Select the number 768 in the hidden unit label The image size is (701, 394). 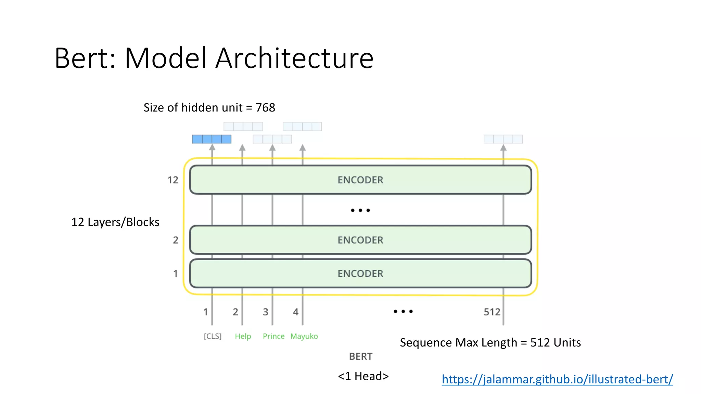pyautogui.click(x=265, y=108)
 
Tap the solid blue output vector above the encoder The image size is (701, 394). pyautogui.click(x=212, y=139)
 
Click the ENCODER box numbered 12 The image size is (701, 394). pyautogui.click(x=360, y=180)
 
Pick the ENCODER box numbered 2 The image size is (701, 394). pyautogui.click(x=360, y=240)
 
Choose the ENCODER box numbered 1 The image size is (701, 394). pyautogui.click(x=360, y=274)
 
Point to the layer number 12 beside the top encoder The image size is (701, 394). pyautogui.click(x=173, y=180)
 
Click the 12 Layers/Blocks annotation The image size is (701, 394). pyautogui.click(x=115, y=222)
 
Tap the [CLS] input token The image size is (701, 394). pyautogui.click(x=213, y=336)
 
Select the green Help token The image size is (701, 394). pyautogui.click(x=243, y=336)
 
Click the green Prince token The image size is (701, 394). pyautogui.click(x=273, y=336)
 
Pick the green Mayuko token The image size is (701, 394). pyautogui.click(x=304, y=336)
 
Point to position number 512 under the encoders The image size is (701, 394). pyautogui.click(x=492, y=312)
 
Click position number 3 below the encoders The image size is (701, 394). pyautogui.click(x=266, y=312)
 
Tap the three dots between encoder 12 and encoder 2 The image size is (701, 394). pyautogui.click(x=360, y=210)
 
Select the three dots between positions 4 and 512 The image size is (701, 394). pyautogui.click(x=403, y=311)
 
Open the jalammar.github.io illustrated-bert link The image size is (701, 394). pyautogui.click(x=557, y=379)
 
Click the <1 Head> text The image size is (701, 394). pyautogui.click(x=363, y=376)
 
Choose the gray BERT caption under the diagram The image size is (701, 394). pyautogui.click(x=360, y=356)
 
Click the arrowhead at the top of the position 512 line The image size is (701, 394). pyautogui.click(x=503, y=148)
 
